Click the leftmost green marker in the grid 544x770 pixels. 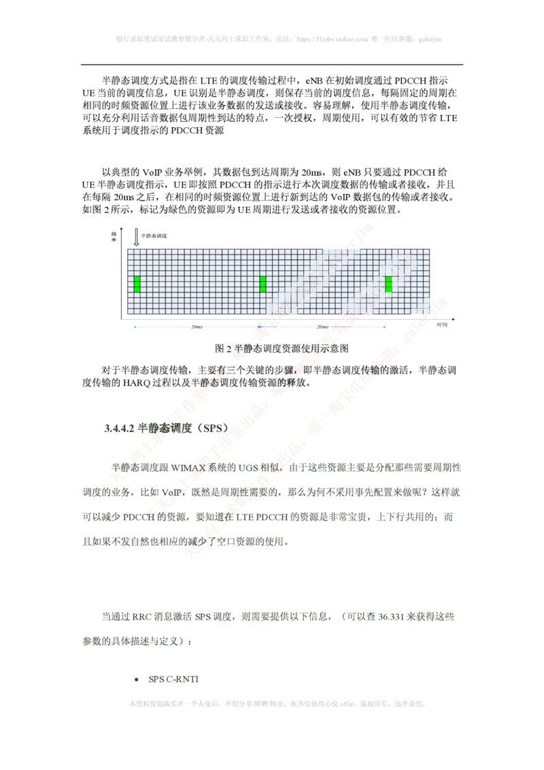[x=137, y=284]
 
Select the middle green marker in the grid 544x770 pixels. [x=262, y=284]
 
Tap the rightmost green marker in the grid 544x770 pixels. [x=388, y=284]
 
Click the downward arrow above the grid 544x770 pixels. [x=137, y=237]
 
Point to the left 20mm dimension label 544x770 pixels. [x=199, y=327]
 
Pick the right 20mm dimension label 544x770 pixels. [x=324, y=327]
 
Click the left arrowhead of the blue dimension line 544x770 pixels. [x=133, y=327]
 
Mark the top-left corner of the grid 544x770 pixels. [x=127, y=248]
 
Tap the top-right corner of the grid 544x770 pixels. [x=432, y=248]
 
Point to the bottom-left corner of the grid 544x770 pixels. [x=127, y=314]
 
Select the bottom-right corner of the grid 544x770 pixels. [x=432, y=314]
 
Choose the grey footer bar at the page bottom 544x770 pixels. [x=277, y=702]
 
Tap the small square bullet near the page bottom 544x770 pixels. [x=136, y=680]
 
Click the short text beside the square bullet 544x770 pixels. [x=174, y=680]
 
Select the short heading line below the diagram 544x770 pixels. [x=166, y=427]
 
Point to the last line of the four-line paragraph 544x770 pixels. [x=184, y=542]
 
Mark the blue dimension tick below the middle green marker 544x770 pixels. [x=262, y=327]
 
